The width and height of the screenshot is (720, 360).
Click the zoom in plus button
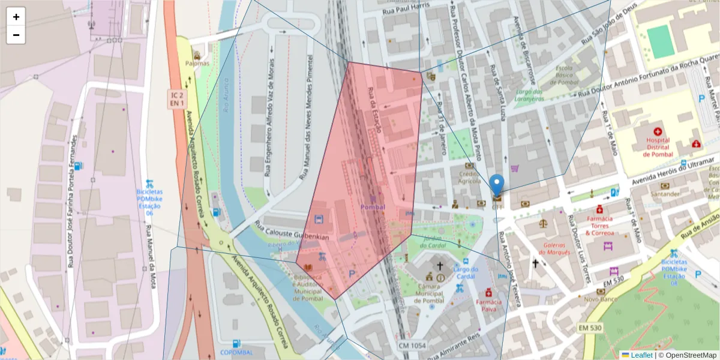(16, 17)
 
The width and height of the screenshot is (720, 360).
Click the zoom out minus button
(16, 35)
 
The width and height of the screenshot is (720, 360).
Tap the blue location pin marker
(497, 185)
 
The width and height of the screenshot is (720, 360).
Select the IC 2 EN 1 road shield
(176, 100)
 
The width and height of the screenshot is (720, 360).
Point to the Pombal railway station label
(373, 207)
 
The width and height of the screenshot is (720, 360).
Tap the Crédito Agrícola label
(470, 177)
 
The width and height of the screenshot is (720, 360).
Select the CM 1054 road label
(412, 346)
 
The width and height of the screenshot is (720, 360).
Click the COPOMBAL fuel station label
(236, 352)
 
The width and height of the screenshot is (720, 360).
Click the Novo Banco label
(601, 298)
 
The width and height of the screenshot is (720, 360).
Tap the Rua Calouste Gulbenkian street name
(292, 230)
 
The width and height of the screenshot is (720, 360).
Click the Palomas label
(197, 63)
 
